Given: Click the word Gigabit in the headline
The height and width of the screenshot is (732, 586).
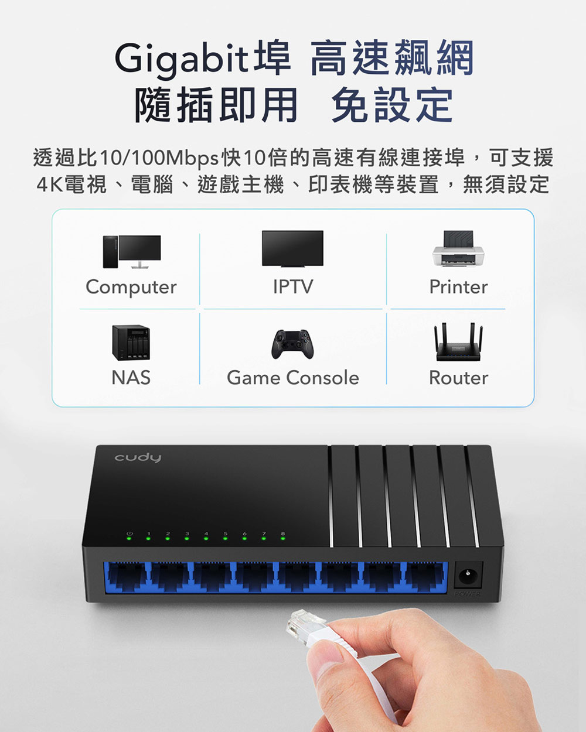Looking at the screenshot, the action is click(x=182, y=59).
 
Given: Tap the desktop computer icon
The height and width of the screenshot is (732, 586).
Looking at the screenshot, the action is click(x=132, y=251).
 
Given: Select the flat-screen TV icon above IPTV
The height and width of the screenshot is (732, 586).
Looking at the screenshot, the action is click(x=292, y=248).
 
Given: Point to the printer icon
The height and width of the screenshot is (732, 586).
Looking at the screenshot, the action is click(x=458, y=249).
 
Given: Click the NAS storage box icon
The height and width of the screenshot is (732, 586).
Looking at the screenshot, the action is click(x=131, y=342).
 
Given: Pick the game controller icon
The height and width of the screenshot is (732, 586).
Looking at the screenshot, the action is click(x=292, y=344).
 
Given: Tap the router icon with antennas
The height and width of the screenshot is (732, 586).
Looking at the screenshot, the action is click(x=458, y=342).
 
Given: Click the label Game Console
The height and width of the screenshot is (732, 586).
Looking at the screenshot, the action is click(x=293, y=378).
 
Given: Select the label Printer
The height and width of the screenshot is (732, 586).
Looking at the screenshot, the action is click(x=458, y=287).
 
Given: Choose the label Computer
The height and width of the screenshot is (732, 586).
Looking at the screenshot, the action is click(x=131, y=288).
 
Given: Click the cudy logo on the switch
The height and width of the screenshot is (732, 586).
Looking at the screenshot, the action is click(x=138, y=457).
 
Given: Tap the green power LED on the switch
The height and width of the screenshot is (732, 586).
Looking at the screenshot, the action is click(x=129, y=538).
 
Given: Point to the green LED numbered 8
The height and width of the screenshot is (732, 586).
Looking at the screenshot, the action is click(x=283, y=538).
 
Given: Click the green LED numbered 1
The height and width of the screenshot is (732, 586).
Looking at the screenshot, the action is click(x=148, y=538).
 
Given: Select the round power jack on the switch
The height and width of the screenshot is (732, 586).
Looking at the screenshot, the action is click(x=468, y=575).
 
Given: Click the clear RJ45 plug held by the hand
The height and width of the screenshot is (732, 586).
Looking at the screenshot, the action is click(x=304, y=627).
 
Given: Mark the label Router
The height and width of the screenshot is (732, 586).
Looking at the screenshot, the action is click(x=458, y=378).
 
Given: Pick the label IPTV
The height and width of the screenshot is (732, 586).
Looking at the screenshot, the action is click(x=293, y=287).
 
